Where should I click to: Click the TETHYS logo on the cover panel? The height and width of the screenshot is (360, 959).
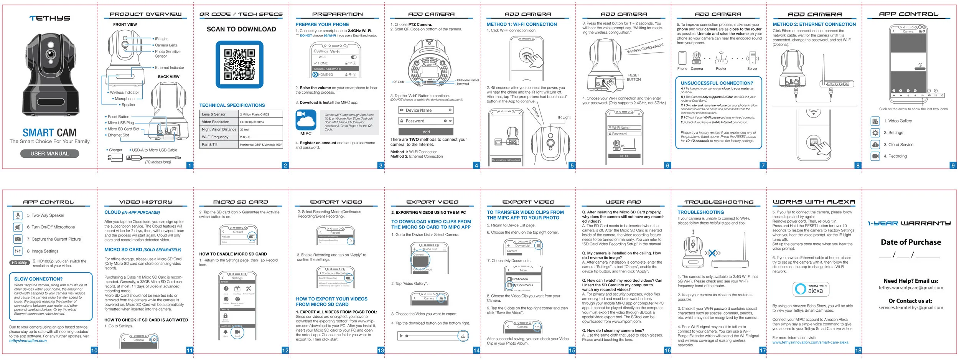(50, 18)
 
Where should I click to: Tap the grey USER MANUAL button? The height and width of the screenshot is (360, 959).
(49, 154)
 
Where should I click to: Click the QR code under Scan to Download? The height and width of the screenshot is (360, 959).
(239, 64)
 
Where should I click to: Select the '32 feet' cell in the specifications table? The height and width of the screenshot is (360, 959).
(261, 129)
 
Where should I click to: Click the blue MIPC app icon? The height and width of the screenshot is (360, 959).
(306, 120)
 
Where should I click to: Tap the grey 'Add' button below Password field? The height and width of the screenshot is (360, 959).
(426, 132)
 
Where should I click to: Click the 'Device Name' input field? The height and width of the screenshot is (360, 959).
(426, 110)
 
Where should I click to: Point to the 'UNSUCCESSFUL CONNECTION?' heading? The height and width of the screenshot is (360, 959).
(717, 83)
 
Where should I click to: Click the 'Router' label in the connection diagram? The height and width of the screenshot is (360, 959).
(721, 69)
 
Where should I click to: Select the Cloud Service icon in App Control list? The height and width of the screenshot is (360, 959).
(875, 145)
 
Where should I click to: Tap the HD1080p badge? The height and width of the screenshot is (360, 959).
(20, 263)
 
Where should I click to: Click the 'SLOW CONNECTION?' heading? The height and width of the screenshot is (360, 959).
(38, 279)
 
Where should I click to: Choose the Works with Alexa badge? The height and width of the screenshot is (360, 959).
(811, 289)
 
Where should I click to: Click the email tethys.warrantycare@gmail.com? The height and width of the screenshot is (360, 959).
(911, 287)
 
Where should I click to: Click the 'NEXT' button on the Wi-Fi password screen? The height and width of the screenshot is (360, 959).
(624, 156)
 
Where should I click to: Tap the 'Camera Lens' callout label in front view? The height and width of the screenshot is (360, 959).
(166, 45)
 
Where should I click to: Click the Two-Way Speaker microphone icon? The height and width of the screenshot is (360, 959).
(18, 215)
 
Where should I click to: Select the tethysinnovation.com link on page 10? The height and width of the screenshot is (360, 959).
(28, 341)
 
